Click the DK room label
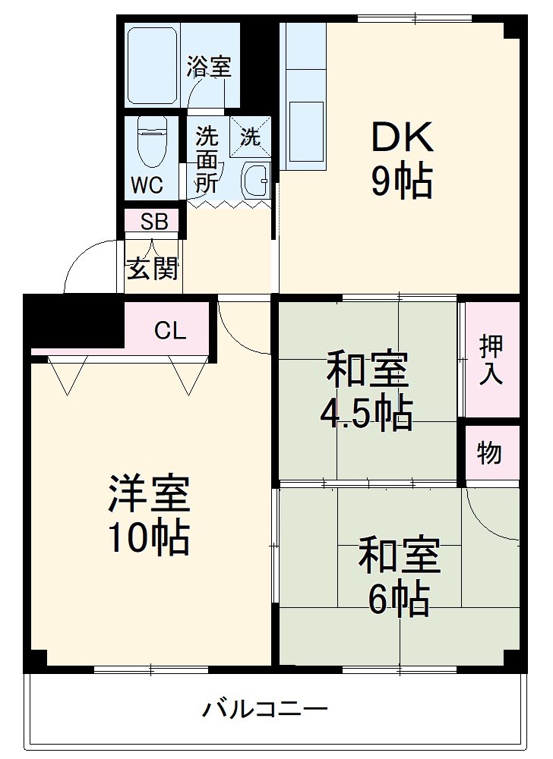tap(402, 137)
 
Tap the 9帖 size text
tap(402, 181)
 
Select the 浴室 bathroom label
tap(209, 66)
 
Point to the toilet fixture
tap(151, 144)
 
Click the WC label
tap(146, 185)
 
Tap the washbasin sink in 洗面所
tap(255, 181)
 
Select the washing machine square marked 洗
tap(251, 137)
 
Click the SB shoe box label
tap(154, 222)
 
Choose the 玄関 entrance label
tap(153, 268)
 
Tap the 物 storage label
tap(490, 452)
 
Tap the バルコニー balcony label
tap(265, 710)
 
